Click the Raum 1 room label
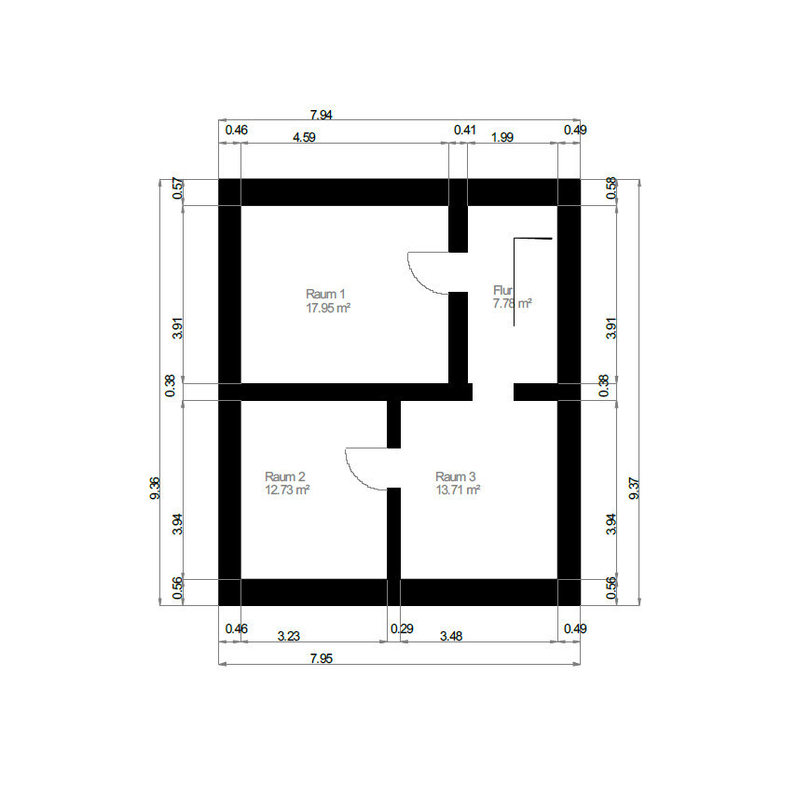click(325, 294)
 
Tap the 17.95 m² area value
click(328, 308)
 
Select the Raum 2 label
click(284, 476)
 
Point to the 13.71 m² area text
click(459, 490)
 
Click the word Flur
click(502, 290)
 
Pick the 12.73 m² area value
click(287, 490)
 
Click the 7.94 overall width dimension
click(321, 115)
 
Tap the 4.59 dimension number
click(304, 137)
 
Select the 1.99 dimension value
click(502, 137)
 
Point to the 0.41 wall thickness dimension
click(465, 130)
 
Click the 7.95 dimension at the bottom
click(322, 658)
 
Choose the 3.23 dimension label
click(288, 636)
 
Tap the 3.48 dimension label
click(451, 636)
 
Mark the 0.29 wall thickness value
click(402, 629)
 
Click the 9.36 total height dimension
click(155, 489)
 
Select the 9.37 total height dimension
click(635, 489)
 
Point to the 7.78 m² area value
click(512, 303)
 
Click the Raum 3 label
click(456, 476)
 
